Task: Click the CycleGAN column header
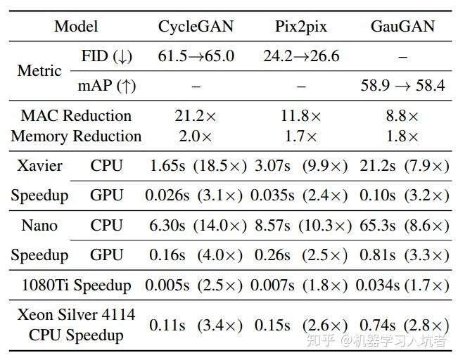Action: point(196,27)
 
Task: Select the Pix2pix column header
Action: point(301,27)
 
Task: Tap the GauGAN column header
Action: point(402,27)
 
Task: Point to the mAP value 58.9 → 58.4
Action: point(402,86)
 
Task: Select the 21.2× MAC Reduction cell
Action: point(196,116)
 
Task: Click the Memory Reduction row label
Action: point(76,136)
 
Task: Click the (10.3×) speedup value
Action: point(324,226)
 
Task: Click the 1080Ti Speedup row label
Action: point(76,285)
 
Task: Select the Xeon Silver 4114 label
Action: point(76,314)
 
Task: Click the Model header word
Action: point(76,27)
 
